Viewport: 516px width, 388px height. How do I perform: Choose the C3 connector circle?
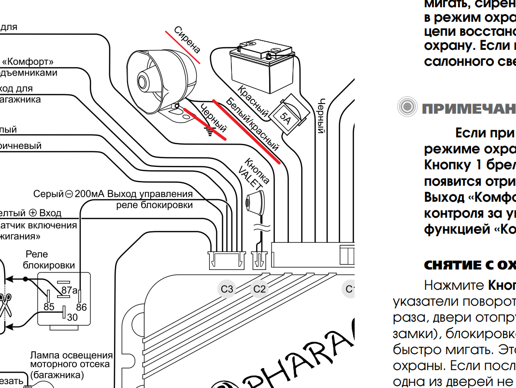pos(227,289)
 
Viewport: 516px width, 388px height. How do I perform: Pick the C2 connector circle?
pos(259,289)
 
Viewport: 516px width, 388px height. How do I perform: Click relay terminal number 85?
pos(49,307)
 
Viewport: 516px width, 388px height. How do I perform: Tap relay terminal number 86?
pos(81,307)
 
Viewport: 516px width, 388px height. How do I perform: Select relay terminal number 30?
pos(72,317)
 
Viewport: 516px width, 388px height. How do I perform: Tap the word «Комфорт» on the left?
pos(28,62)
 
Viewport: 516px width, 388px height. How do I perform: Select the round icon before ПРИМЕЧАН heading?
pos(407,107)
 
